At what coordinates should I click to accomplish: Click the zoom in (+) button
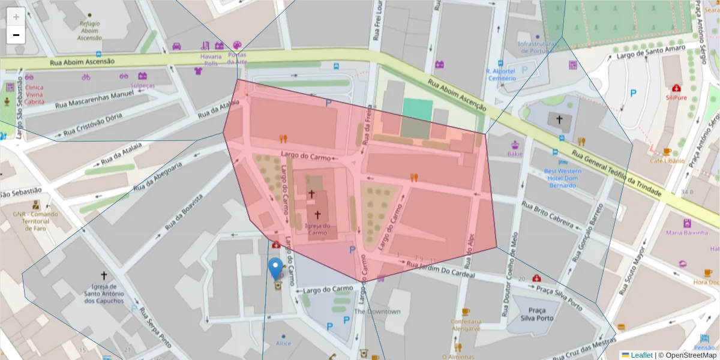pyautogui.click(x=16, y=16)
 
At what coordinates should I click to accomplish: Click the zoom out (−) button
pyautogui.click(x=16, y=35)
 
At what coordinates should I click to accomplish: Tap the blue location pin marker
pyautogui.click(x=276, y=269)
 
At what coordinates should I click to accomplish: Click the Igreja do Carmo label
pyautogui.click(x=317, y=229)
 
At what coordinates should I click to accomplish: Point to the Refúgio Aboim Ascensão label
pyautogui.click(x=89, y=31)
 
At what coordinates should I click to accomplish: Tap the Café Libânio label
pyautogui.click(x=667, y=161)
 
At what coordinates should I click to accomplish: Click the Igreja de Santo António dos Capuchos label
pyautogui.click(x=104, y=293)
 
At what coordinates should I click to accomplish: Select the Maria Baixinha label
pyautogui.click(x=683, y=232)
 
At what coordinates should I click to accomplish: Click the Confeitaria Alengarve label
pyautogui.click(x=466, y=325)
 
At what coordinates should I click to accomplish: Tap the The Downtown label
pyautogui.click(x=377, y=311)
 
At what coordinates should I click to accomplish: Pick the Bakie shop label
pyautogui.click(x=515, y=154)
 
